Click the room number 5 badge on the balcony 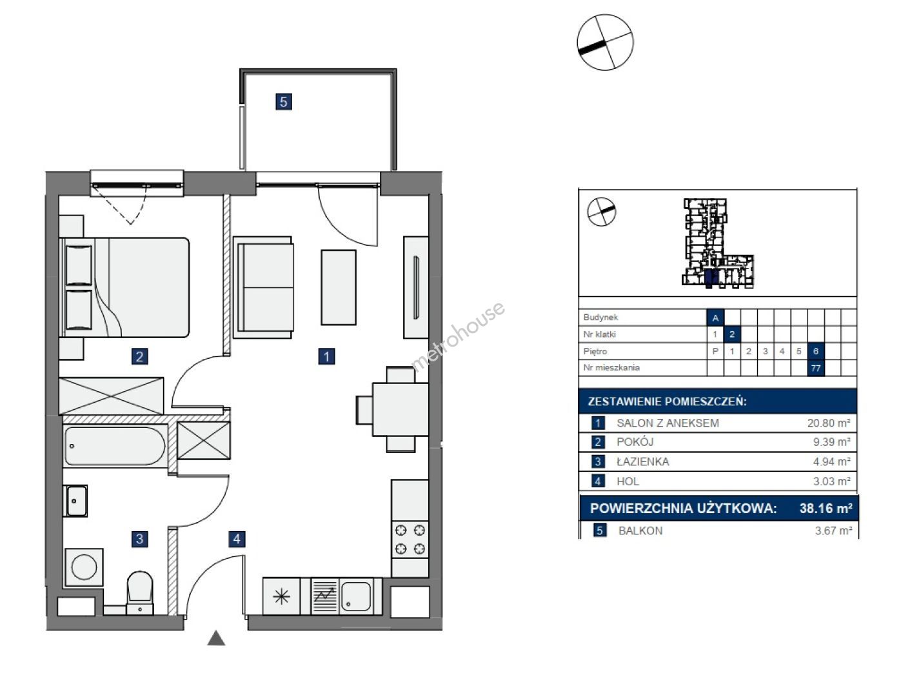[283, 101]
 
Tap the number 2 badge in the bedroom [139, 356]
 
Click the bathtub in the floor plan [115, 446]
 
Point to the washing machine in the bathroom [84, 567]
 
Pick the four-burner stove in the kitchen [410, 540]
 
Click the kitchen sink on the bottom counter [356, 596]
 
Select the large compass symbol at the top [604, 42]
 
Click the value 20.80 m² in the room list [829, 423]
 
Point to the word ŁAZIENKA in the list [643, 462]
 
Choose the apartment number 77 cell [816, 369]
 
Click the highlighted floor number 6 [816, 351]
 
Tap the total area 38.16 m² [826, 509]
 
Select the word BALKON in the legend [640, 530]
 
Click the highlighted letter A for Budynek [715, 318]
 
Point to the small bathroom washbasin [75, 501]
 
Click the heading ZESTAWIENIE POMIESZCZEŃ [667, 401]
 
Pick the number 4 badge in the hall [237, 539]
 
